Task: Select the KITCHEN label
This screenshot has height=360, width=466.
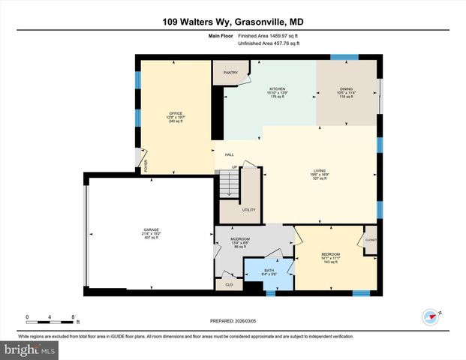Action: pos(278,88)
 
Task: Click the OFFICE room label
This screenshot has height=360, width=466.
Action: pos(176,113)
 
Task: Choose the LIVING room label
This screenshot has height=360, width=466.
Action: pos(320,171)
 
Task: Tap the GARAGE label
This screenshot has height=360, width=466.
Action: pos(152,229)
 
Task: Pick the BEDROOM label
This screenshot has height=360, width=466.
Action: pos(330,254)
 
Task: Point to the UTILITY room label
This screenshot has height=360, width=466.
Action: pos(248,210)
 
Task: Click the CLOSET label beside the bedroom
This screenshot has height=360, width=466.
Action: pos(370,241)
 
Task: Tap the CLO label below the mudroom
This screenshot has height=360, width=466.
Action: pos(228,284)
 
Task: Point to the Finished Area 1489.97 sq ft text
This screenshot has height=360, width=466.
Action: pos(269,35)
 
